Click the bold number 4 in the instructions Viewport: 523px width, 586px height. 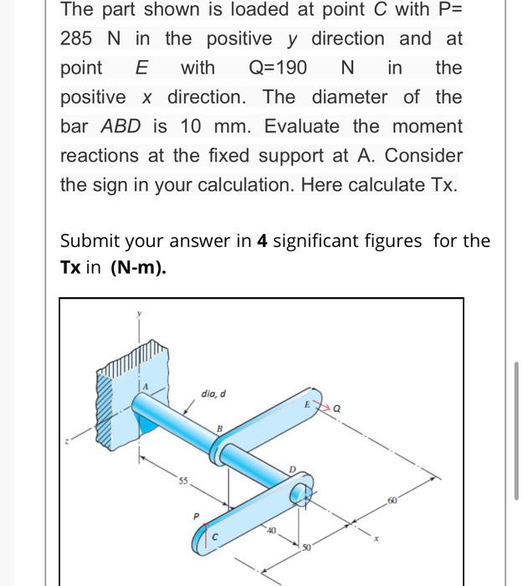click(x=262, y=242)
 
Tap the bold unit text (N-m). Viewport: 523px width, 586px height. click(x=138, y=271)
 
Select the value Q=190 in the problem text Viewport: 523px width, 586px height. click(x=278, y=68)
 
